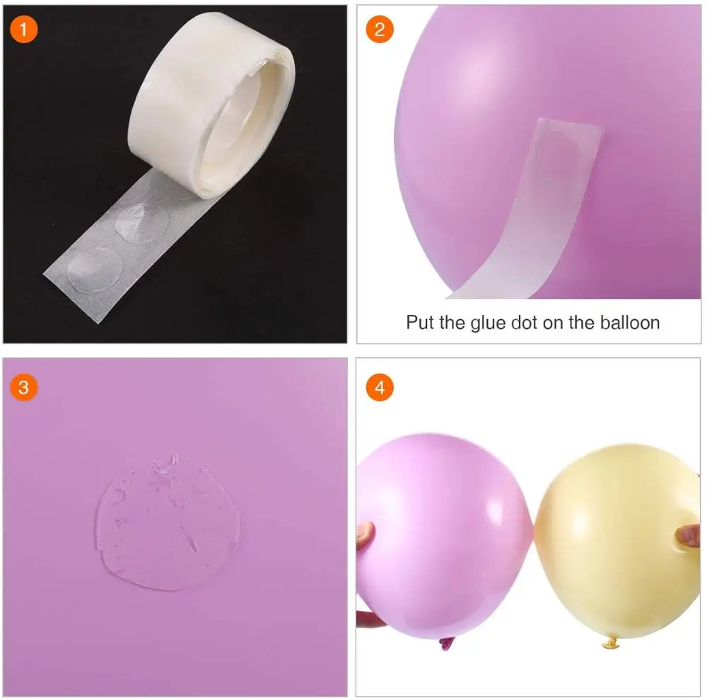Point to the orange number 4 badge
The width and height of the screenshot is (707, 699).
[x=380, y=387]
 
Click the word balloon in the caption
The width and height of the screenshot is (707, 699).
[x=628, y=323]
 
